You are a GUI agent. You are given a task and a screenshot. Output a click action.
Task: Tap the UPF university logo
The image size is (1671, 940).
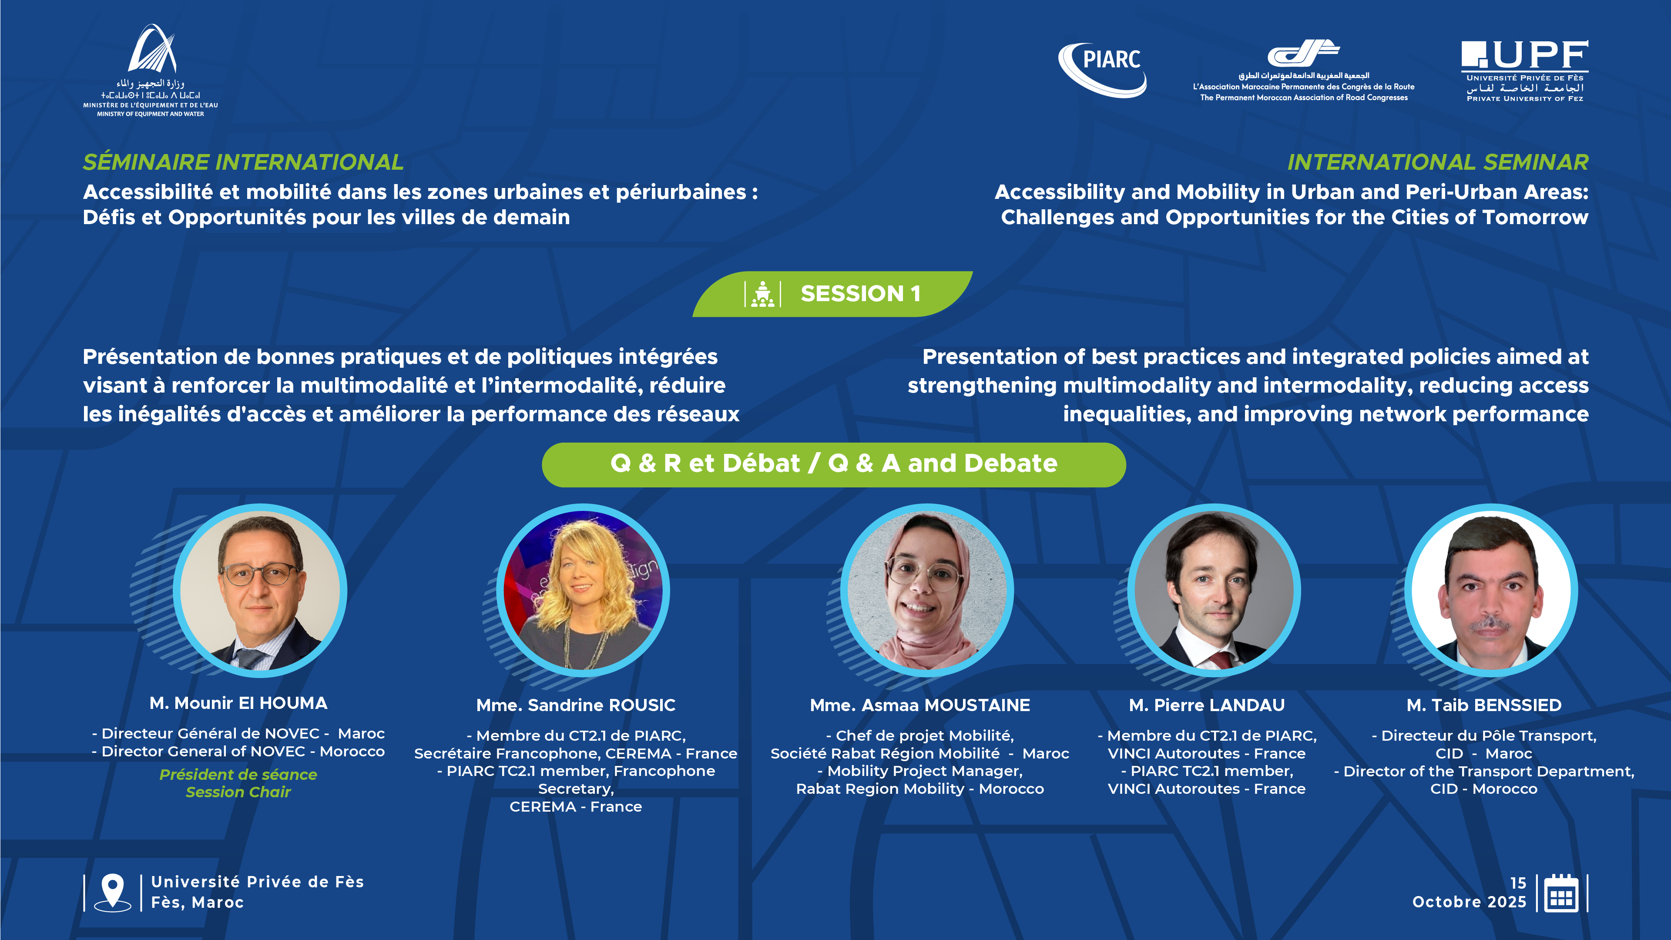[1524, 70]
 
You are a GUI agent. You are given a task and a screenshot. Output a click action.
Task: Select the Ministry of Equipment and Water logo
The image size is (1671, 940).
[151, 70]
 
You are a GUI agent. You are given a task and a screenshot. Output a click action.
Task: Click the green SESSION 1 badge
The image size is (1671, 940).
[832, 294]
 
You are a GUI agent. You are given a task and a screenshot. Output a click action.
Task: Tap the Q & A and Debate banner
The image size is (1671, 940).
[834, 464]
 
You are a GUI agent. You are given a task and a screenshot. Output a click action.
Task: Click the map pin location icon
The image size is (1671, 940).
[112, 893]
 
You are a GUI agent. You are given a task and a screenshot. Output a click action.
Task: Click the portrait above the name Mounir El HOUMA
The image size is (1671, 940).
[260, 591]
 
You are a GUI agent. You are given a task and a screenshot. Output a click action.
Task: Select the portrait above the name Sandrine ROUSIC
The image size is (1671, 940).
[583, 591]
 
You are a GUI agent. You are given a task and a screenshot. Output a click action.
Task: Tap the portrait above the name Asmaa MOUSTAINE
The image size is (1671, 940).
[927, 591]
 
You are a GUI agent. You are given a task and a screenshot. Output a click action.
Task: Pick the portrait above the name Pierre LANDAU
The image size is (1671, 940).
[1214, 591]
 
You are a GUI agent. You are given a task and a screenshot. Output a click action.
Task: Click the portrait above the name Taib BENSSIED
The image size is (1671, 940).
[1491, 591]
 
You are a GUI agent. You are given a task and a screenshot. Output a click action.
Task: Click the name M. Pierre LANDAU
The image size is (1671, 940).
[1207, 705]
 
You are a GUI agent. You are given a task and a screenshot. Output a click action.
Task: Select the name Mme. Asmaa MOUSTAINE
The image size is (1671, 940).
[920, 705]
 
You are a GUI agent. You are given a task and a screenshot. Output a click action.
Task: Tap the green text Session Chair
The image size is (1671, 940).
[238, 792]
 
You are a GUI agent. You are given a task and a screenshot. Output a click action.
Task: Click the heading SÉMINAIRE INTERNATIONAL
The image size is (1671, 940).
[243, 162]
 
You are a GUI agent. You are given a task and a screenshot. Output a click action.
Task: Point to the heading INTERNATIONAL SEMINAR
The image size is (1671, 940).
[1438, 162]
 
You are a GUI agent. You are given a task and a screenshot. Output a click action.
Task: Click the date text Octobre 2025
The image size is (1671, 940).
[1469, 902]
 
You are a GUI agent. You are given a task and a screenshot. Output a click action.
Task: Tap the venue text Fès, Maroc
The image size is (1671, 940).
[197, 903]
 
